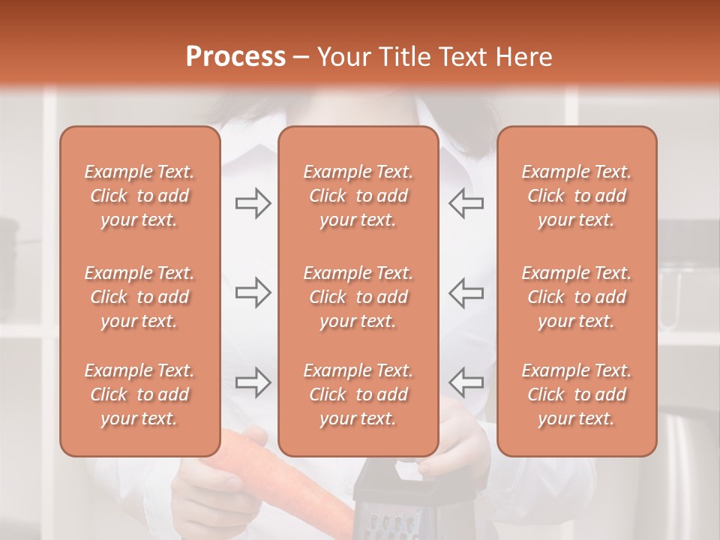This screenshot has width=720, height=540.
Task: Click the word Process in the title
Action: [235, 57]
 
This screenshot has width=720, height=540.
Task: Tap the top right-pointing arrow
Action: [253, 203]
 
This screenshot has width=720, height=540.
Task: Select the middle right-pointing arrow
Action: [253, 292]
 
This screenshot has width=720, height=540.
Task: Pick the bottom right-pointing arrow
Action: [253, 382]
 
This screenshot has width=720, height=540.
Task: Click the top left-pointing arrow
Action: [466, 203]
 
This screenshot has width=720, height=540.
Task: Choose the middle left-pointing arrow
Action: [466, 292]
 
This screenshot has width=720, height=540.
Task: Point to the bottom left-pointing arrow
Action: [466, 382]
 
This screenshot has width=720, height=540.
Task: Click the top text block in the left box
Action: [139, 196]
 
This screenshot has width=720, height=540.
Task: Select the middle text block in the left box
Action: [139, 297]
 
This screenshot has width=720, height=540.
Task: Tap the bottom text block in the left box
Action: [139, 394]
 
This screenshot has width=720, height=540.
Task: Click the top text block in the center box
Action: [358, 196]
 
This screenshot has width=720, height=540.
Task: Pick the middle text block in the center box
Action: [358, 297]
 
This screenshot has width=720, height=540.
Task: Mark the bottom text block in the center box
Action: [358, 394]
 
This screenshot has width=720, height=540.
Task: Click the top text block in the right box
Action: [576, 196]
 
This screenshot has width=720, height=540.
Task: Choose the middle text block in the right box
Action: [576, 297]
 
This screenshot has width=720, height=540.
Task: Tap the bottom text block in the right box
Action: [576, 394]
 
